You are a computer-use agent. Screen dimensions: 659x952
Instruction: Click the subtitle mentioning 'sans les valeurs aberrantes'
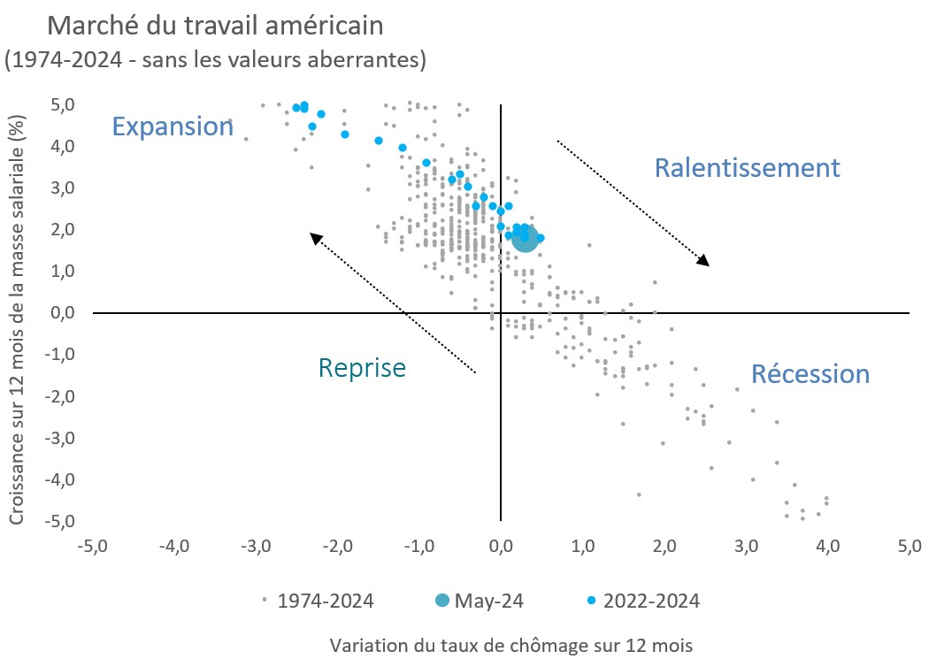coord(216,60)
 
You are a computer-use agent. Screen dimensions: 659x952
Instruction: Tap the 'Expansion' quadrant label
coord(172,126)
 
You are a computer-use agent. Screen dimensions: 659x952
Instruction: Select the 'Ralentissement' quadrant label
coord(747,167)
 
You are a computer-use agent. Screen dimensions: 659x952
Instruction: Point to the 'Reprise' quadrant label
coord(362,367)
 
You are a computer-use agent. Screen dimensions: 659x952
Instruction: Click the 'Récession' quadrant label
coord(810,374)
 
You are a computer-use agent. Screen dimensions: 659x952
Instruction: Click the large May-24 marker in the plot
coord(525,237)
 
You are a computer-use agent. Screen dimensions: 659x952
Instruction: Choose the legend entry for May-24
coord(479,601)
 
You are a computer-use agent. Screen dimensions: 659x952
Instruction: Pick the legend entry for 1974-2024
coord(319,601)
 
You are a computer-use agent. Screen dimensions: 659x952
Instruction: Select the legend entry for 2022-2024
coord(643,601)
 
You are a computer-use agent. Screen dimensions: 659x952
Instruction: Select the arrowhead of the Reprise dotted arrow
coord(313,235)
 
